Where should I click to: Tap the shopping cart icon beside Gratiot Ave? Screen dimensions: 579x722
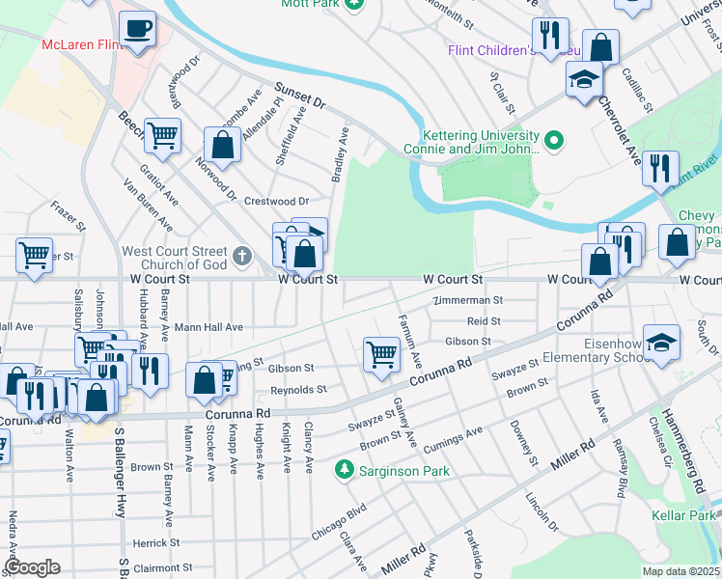pyautogui.click(x=162, y=135)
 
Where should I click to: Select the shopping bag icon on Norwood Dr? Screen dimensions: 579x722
pyautogui.click(x=222, y=145)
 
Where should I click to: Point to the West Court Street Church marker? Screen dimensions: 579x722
pyautogui.click(x=241, y=257)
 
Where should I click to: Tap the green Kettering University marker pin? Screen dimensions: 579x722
pyautogui.click(x=553, y=142)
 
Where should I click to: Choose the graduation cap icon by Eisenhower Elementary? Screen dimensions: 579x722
pyautogui.click(x=661, y=345)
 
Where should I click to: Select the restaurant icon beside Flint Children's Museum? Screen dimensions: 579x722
pyautogui.click(x=550, y=35)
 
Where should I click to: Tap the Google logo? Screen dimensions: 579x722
pyautogui.click(x=33, y=567)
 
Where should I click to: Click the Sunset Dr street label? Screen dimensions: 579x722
pyautogui.click(x=299, y=93)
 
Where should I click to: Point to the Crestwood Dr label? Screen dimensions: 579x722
pyautogui.click(x=275, y=201)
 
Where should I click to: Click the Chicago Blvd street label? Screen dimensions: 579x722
pyautogui.click(x=338, y=521)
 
